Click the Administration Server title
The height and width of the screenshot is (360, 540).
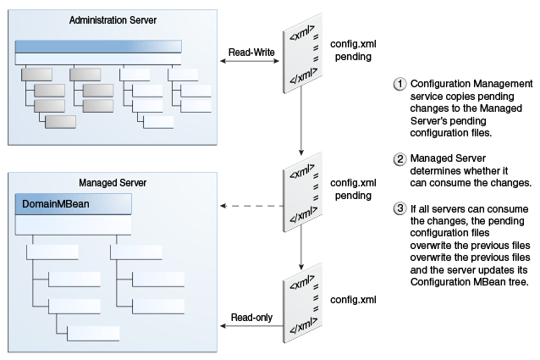[113, 20]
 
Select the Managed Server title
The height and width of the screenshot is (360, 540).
[113, 183]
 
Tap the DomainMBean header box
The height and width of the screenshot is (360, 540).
[74, 204]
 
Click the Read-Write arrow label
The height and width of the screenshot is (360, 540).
[251, 53]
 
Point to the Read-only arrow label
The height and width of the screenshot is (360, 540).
[251, 318]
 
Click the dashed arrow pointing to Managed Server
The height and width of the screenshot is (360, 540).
[251, 206]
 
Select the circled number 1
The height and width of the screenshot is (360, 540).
[399, 84]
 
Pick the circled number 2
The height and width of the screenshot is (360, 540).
[399, 158]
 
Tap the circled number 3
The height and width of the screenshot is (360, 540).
[399, 208]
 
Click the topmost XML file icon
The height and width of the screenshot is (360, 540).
[302, 53]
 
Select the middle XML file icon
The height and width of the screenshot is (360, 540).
[302, 192]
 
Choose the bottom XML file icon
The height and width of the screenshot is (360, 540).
[302, 302]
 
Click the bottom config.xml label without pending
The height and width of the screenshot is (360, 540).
[353, 300]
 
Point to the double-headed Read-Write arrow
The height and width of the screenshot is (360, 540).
[250, 61]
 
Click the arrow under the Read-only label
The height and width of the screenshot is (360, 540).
[251, 326]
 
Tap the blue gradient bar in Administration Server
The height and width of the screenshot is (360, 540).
[98, 47]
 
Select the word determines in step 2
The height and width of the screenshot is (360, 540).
[431, 171]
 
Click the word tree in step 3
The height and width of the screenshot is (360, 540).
[518, 282]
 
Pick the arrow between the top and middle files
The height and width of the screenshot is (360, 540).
[301, 121]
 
